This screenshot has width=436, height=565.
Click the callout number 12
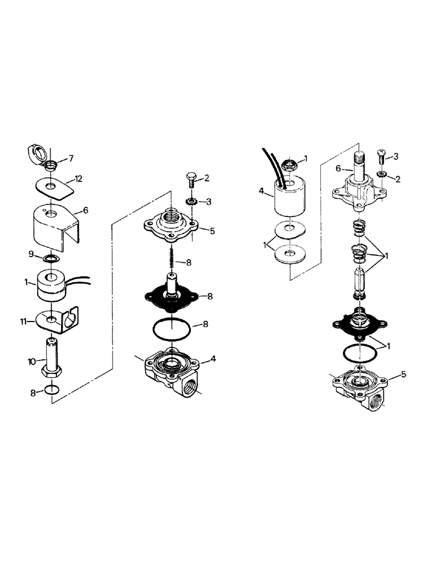[x=79, y=179]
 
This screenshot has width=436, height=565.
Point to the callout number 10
[x=32, y=360]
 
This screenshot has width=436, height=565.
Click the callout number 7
[x=71, y=158]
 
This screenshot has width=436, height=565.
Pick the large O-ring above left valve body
[x=172, y=332]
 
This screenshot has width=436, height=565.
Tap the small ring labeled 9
[x=51, y=259]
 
